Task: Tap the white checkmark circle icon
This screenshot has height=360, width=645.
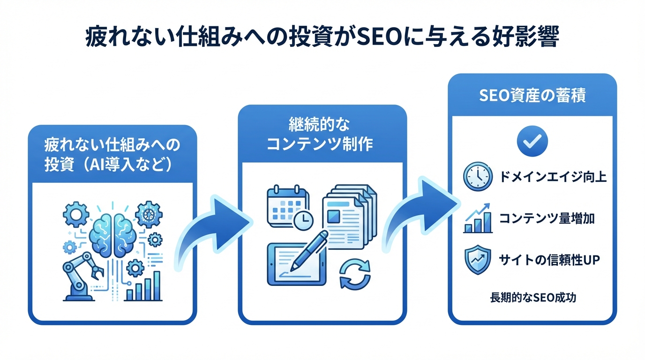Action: pyautogui.click(x=532, y=139)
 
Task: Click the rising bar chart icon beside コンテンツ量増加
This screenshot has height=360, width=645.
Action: pyautogui.click(x=478, y=218)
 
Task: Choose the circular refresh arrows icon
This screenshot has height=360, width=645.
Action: pyautogui.click(x=355, y=274)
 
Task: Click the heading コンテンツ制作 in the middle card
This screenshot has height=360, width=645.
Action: pyautogui.click(x=320, y=144)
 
